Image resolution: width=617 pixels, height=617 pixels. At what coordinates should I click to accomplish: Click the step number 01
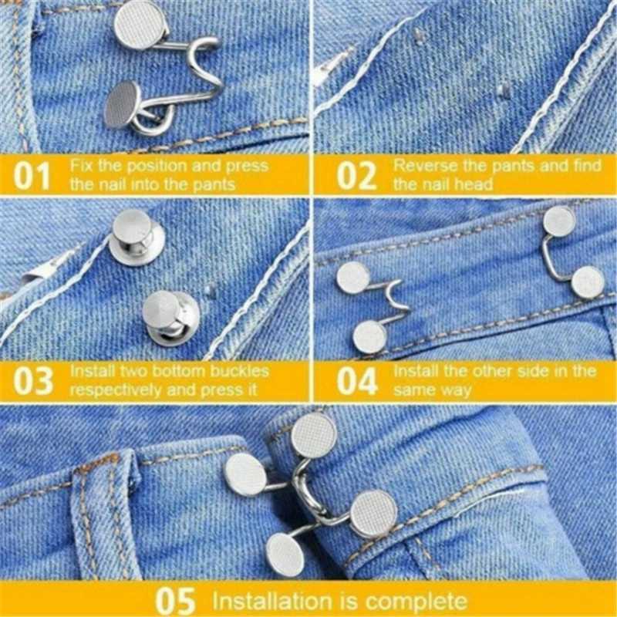pyautogui.click(x=32, y=176)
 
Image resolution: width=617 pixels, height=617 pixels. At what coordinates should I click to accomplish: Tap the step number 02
pyautogui.click(x=357, y=176)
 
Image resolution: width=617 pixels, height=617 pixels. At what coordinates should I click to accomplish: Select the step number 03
pyautogui.click(x=33, y=381)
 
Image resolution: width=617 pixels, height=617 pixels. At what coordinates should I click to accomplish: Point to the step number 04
pyautogui.click(x=357, y=381)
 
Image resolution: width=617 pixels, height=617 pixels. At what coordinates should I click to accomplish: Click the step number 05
pyautogui.click(x=175, y=601)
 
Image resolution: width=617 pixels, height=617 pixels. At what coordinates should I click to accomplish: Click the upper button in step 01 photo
pyautogui.click(x=140, y=25)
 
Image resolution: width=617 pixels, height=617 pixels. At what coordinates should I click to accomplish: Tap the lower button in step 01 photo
pyautogui.click(x=123, y=104)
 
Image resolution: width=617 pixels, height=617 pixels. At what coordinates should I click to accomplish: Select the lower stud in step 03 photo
pyautogui.click(x=170, y=318)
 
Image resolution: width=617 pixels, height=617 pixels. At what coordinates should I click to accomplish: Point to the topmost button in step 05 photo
pyautogui.click(x=314, y=436)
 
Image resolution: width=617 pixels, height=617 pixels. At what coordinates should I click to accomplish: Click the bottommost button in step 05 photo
pyautogui.click(x=285, y=555)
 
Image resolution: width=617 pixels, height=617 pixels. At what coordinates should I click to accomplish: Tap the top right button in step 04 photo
pyautogui.click(x=559, y=221)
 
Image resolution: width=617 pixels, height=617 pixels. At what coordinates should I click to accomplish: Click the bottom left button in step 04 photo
pyautogui.click(x=369, y=337)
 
